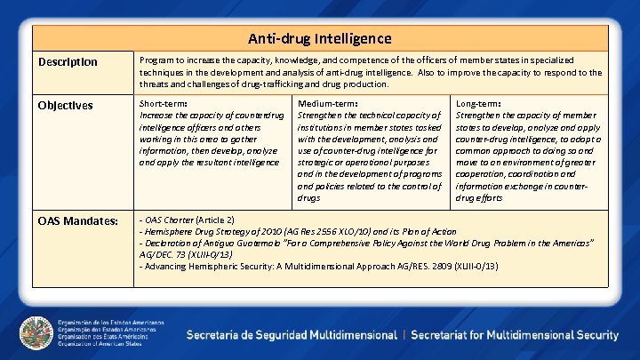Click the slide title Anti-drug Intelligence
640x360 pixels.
coord(319,38)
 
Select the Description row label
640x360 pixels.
coord(68,62)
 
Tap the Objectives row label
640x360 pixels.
coord(67,105)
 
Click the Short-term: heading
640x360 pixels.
coord(164,103)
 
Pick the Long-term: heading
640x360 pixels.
coord(478,103)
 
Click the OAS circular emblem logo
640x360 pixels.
coord(35,334)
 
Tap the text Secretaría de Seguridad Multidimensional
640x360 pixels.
coord(291,335)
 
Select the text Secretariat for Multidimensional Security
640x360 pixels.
coord(516,335)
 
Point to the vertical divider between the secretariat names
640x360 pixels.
coord(404,335)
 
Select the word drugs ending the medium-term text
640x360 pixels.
coord(310,197)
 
